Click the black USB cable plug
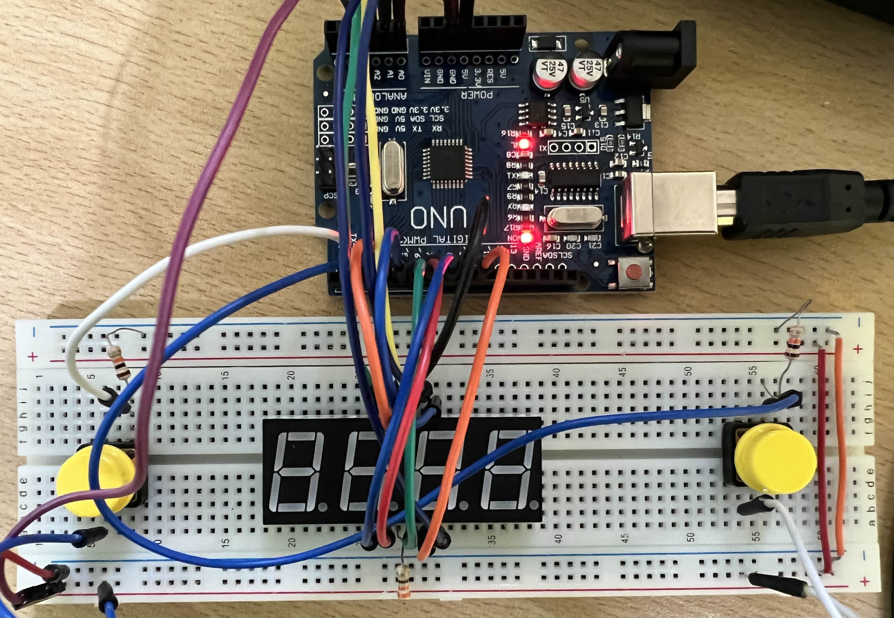click(x=794, y=203)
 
